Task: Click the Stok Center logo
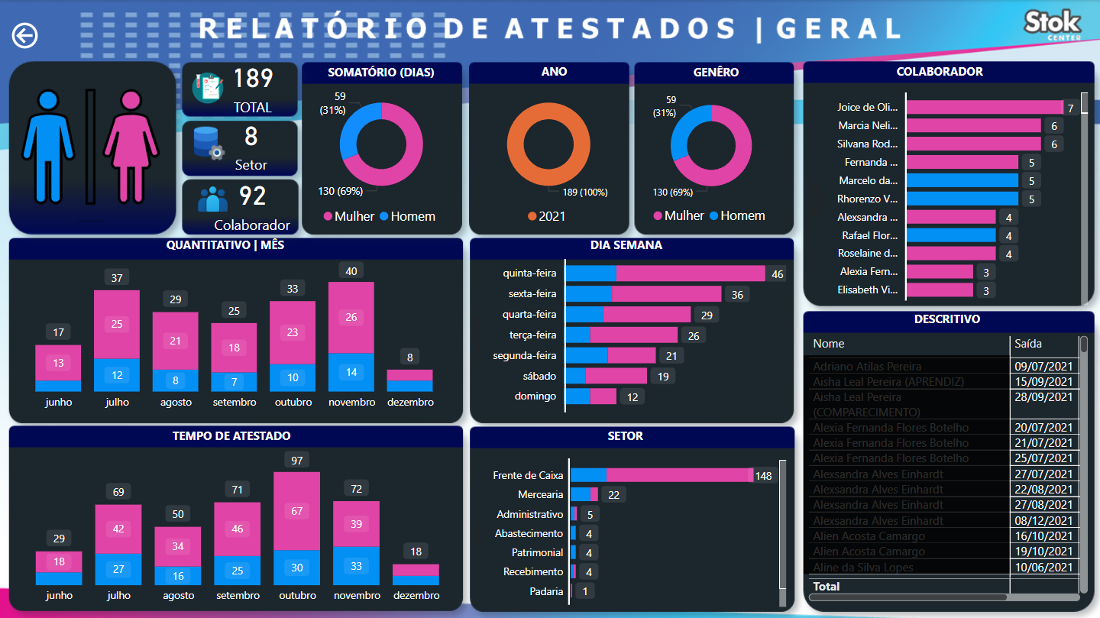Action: [x=1053, y=25]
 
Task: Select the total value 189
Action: [x=253, y=79]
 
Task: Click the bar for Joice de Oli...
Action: [x=984, y=108]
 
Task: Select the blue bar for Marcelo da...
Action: [x=962, y=181]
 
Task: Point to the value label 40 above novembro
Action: [x=351, y=271]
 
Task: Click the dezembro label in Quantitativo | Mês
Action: [x=410, y=403]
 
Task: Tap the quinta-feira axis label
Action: [x=529, y=273]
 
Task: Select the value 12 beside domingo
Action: [x=632, y=397]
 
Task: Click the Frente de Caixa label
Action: [x=528, y=476]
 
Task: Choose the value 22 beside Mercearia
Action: [x=614, y=495]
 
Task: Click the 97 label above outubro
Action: [x=296, y=460]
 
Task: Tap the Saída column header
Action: [x=1028, y=344]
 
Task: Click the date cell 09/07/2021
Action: [x=1043, y=367]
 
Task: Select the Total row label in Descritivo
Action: [x=827, y=587]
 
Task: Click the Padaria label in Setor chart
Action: [x=546, y=591]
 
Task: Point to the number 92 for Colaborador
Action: [x=252, y=196]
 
